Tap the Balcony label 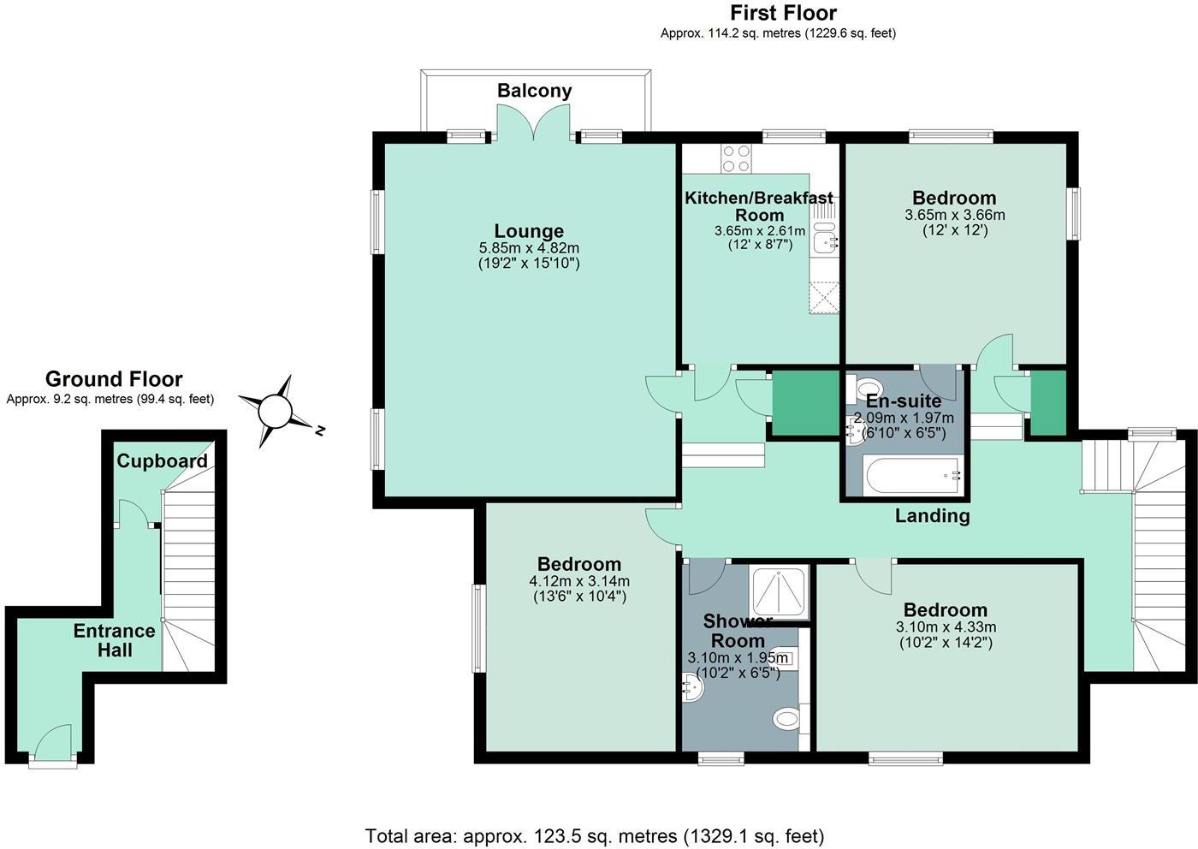(534, 91)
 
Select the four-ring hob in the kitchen (737, 159)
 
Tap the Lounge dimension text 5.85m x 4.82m (529, 248)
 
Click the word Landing (932, 516)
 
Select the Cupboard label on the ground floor (162, 460)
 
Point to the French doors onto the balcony (534, 122)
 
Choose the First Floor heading (784, 12)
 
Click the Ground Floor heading (114, 379)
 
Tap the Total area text (595, 835)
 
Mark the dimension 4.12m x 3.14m (579, 581)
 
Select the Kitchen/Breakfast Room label (759, 206)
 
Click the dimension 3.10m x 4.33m (946, 627)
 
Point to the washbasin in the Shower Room (693, 688)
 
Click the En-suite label (904, 401)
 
